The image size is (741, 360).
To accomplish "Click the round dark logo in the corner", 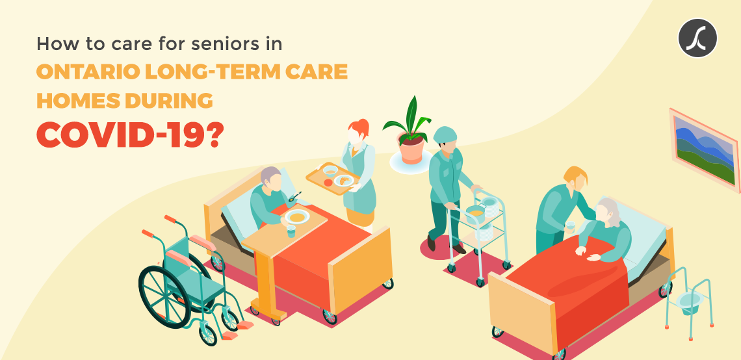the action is coord(697,38).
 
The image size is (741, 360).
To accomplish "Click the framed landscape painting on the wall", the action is coord(704,149).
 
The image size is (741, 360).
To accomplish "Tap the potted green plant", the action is coord(408,131).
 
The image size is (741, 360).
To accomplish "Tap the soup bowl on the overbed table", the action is coord(297,217).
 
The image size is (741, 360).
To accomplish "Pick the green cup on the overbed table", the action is coord(291,231).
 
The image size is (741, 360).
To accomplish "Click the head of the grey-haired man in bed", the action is coord(271,178).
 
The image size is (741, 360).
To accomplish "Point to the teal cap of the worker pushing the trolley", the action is coord(445,135).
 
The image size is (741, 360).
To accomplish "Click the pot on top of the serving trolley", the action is coord(475,213).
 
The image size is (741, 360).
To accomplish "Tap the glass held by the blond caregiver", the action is coord(571,227).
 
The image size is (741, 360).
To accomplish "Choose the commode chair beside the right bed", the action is coord(689,302).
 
